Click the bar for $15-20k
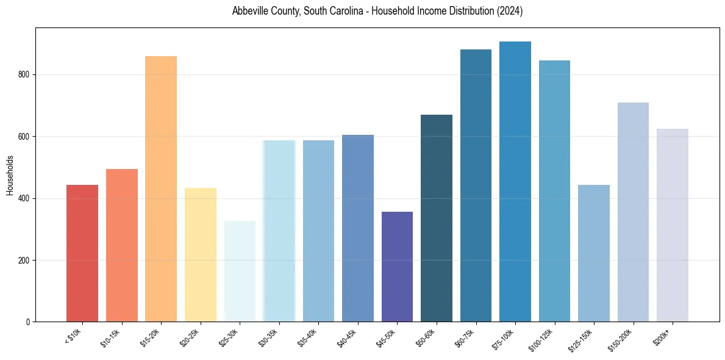coord(161,189)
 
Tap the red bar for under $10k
coord(82,253)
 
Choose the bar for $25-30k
coord(240,272)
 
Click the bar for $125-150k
coord(594,253)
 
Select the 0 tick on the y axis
coord(28,322)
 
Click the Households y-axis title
coord(10,175)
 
